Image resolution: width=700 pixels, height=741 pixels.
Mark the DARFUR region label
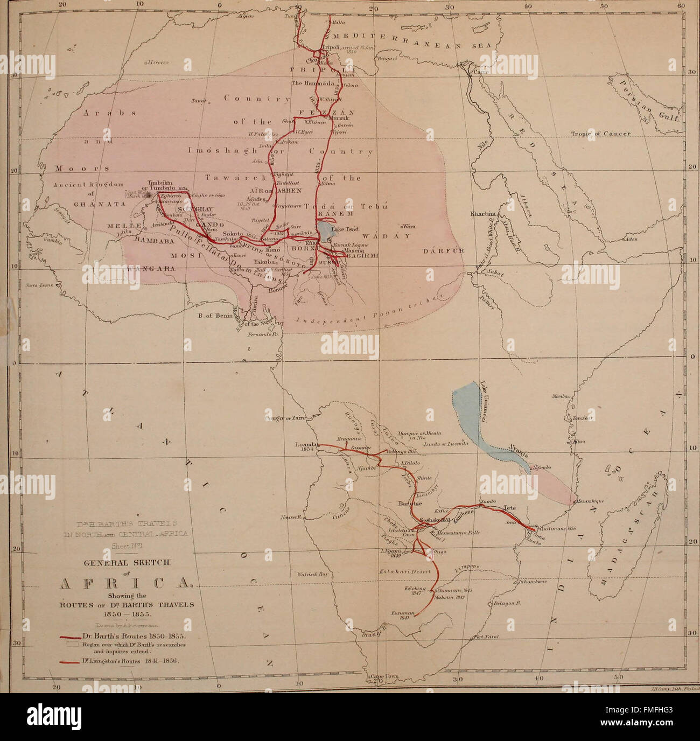point(439,251)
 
